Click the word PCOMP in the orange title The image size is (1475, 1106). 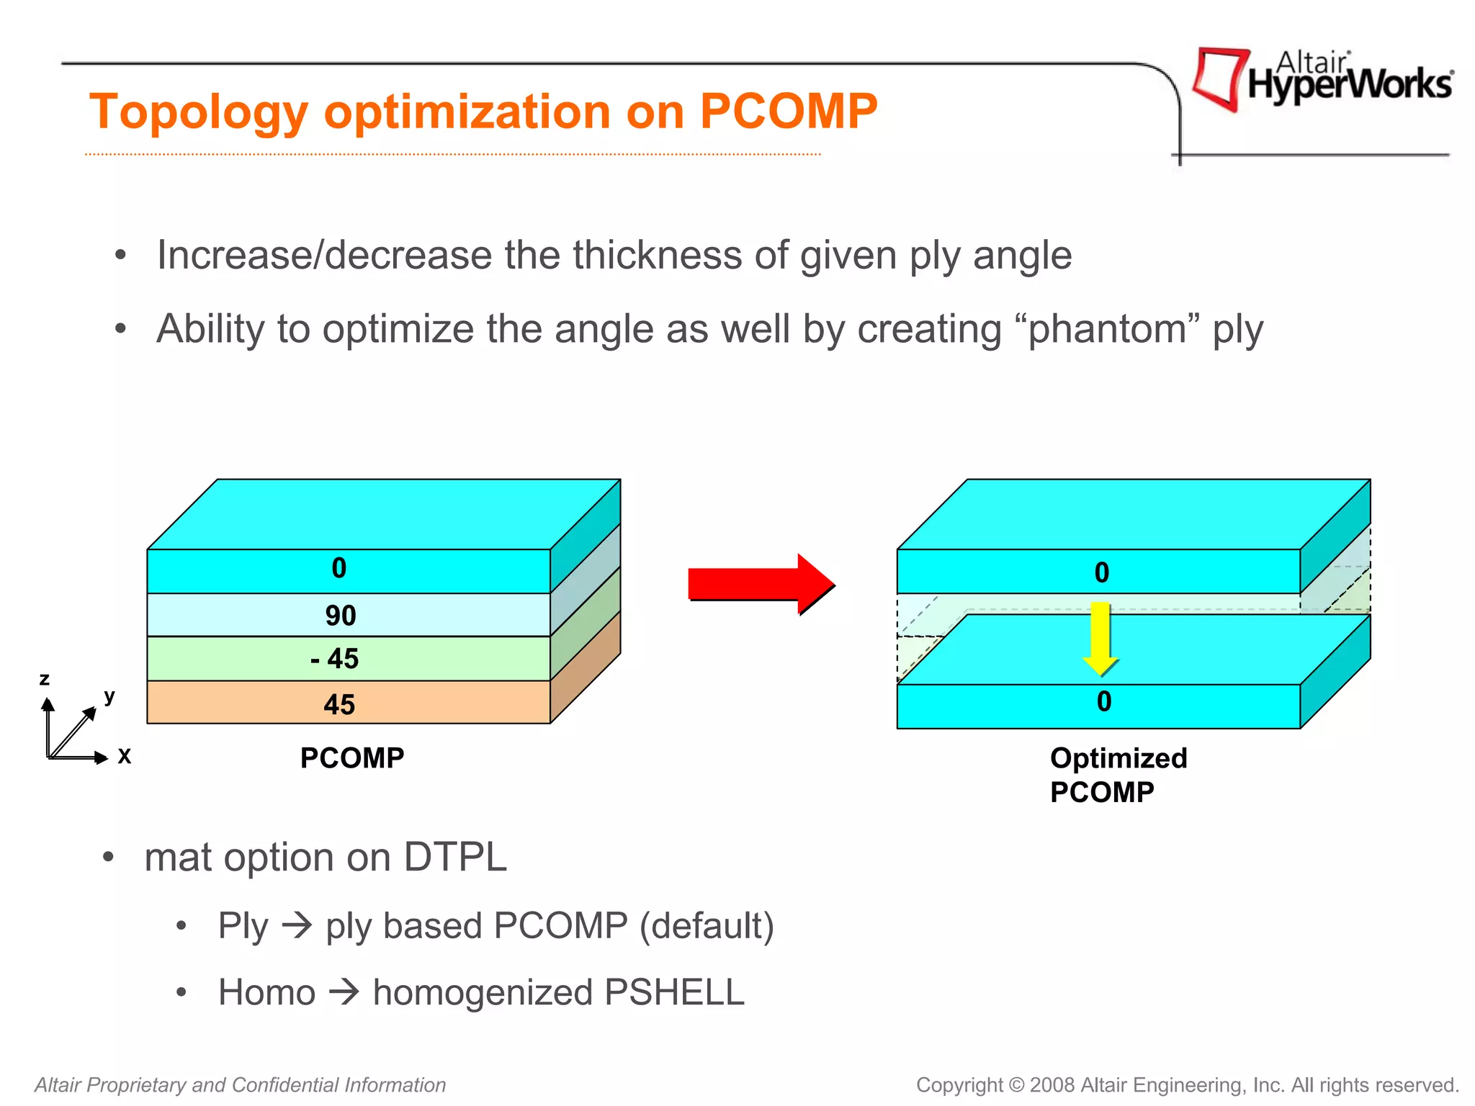[x=788, y=112]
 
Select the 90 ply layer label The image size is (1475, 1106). [x=340, y=616]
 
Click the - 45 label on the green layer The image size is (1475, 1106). [x=335, y=659]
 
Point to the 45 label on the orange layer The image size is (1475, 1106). [x=339, y=704]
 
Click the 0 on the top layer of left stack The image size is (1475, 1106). [x=339, y=569]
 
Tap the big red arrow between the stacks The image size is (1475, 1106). [x=760, y=584]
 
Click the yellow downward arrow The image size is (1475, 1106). [x=1100, y=638]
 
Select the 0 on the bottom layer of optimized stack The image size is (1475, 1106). [x=1103, y=702]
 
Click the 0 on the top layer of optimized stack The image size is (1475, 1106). [x=1101, y=573]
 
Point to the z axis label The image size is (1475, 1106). [x=45, y=679]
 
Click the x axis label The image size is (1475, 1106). [x=124, y=756]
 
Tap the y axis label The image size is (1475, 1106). [x=109, y=696]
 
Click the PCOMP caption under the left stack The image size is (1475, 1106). [x=351, y=758]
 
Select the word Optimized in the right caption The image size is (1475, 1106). [x=1118, y=758]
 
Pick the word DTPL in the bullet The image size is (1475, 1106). [x=454, y=858]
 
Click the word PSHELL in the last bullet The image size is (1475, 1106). [x=673, y=992]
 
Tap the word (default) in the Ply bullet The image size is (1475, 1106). [x=707, y=926]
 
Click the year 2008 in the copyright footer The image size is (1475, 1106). [x=1052, y=1085]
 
